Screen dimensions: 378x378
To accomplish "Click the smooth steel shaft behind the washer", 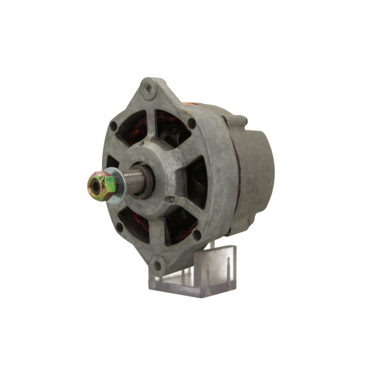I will pos(133,181).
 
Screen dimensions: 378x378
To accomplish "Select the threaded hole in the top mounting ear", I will pos(148,89).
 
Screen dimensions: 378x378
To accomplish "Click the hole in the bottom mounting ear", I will pos(157,265).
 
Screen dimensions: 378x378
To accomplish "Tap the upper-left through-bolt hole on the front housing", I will pos(113,126).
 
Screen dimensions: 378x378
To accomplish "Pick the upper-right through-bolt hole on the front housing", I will pos(192,123).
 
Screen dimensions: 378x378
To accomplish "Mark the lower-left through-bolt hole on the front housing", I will pos(119,228).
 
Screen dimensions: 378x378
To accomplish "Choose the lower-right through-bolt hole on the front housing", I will pos(197,234).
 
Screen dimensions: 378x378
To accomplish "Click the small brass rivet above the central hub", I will pos(145,143).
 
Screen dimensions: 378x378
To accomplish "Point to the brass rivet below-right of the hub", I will pos(173,199).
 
